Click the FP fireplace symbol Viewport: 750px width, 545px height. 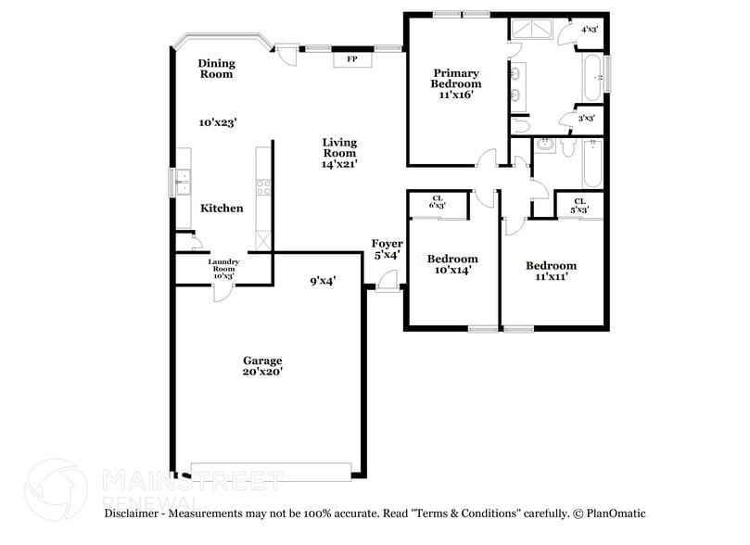(x=352, y=59)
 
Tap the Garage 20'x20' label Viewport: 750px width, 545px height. (x=262, y=365)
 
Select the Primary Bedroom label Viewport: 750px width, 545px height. (x=455, y=83)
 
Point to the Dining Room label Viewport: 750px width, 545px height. (x=217, y=69)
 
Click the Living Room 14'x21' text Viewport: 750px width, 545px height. (x=339, y=153)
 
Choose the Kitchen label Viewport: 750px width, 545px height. (x=222, y=209)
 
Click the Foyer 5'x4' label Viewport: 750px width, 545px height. (x=387, y=249)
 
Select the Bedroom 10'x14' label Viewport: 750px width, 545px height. (x=451, y=264)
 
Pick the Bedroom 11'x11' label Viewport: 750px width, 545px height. (x=550, y=271)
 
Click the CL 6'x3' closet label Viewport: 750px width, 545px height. (x=438, y=201)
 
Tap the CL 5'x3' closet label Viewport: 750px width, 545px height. (x=579, y=205)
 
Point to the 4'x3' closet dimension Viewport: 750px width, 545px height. (x=589, y=30)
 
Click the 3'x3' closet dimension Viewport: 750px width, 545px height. (x=585, y=118)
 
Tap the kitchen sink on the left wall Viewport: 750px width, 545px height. (x=182, y=183)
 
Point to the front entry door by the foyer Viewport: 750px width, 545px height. (x=389, y=282)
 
